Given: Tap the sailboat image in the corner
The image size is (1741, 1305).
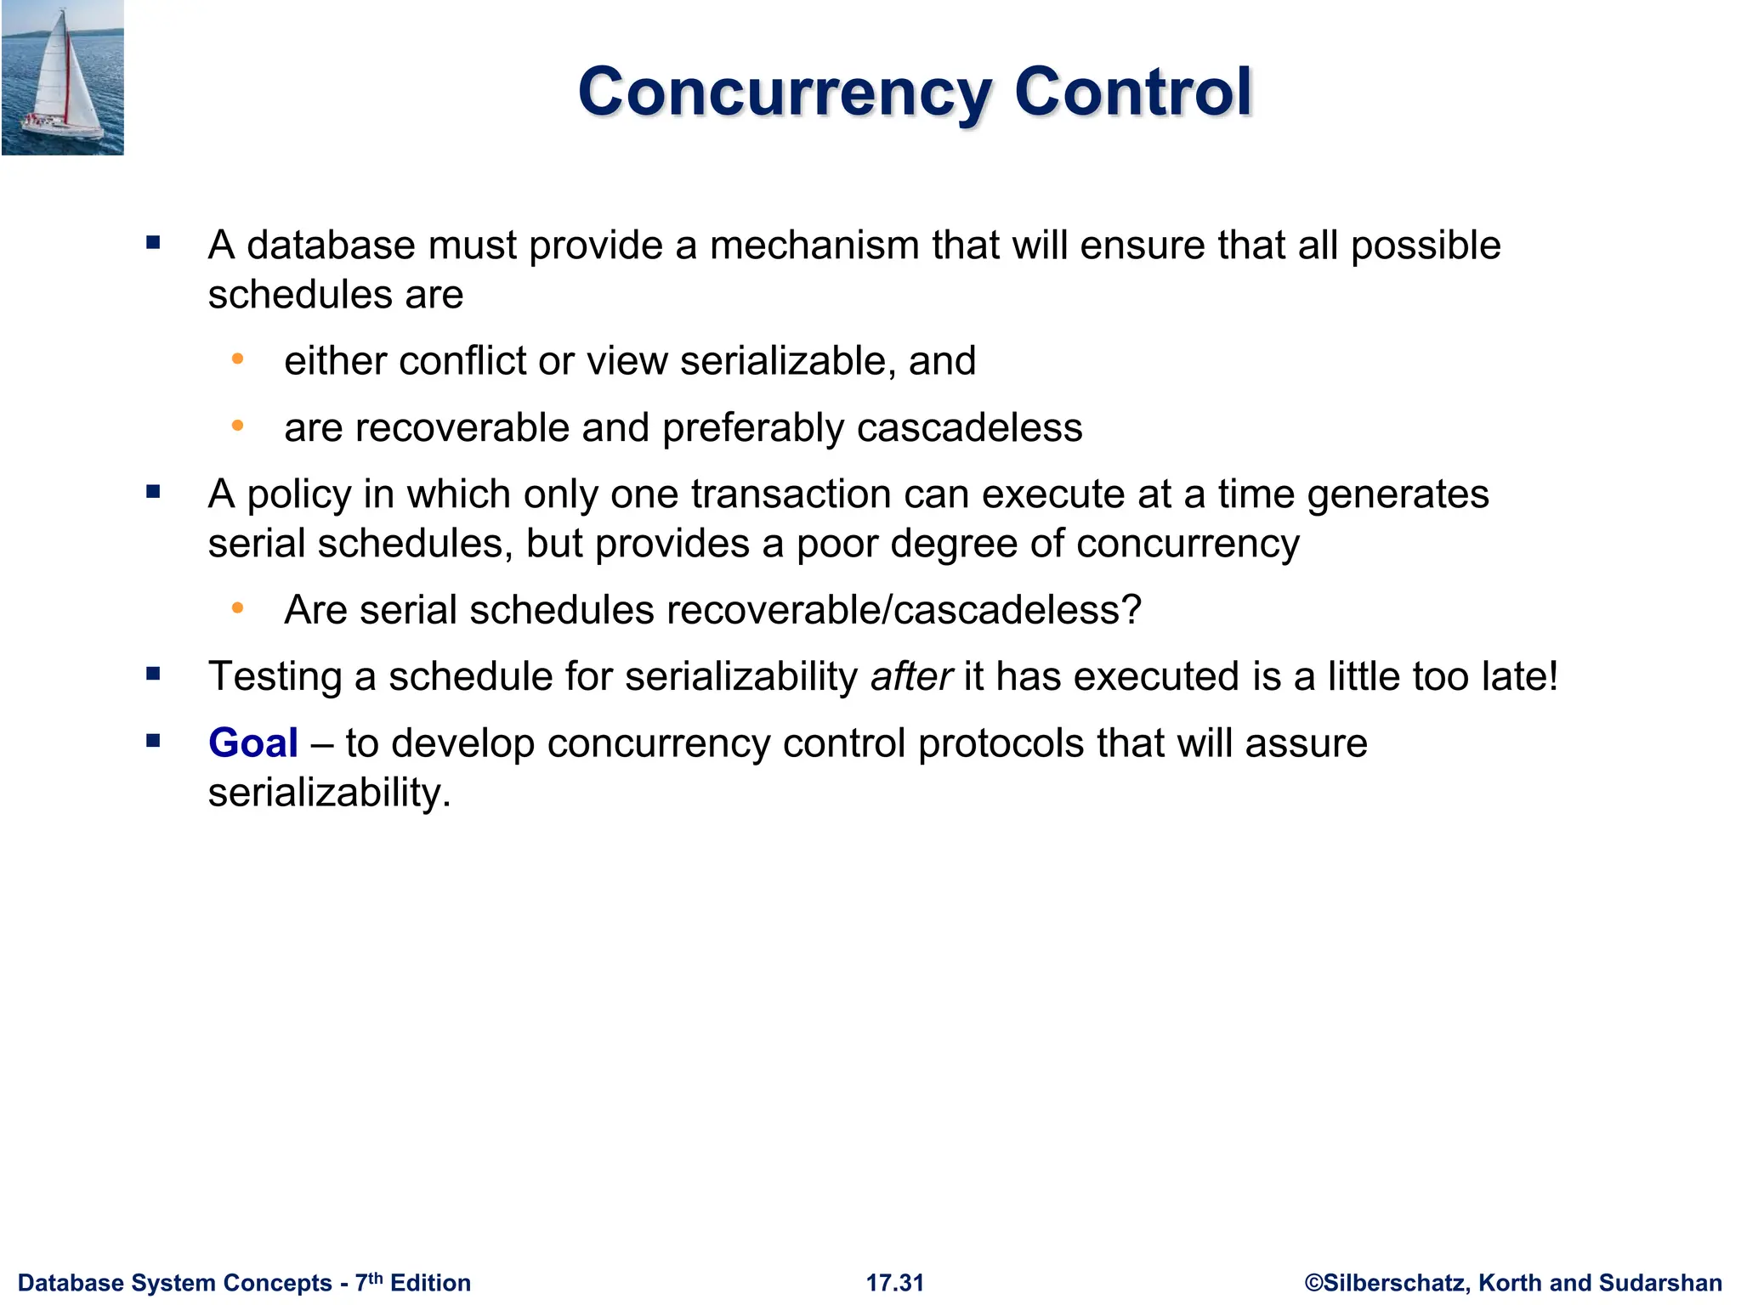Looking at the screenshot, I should [63, 77].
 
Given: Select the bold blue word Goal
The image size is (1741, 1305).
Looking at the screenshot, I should [253, 743].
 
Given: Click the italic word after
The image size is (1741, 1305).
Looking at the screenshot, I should [911, 676].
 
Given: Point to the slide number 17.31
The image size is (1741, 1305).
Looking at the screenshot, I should [894, 1282].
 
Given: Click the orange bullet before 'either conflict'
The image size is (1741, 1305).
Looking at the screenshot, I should [238, 359].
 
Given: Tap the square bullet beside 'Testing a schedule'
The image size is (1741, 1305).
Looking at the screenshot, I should [153, 675].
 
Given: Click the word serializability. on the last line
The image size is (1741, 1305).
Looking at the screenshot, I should [329, 793].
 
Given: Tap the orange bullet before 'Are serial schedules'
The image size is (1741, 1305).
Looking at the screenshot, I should [238, 608].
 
